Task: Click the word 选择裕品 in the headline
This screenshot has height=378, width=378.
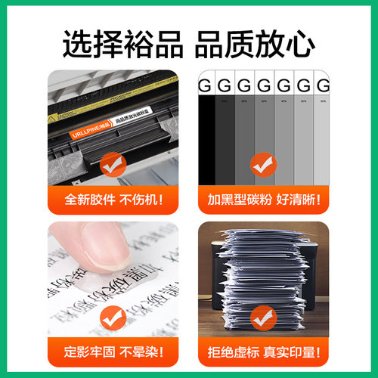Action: click(x=123, y=45)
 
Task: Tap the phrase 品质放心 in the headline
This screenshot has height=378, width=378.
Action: click(x=254, y=45)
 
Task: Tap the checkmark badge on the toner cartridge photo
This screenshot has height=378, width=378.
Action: click(x=113, y=160)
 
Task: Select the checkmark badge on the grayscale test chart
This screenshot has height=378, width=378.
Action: click(x=265, y=160)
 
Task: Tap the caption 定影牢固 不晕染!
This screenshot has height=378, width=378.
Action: click(x=113, y=352)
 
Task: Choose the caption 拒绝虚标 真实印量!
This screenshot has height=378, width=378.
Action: click(x=265, y=352)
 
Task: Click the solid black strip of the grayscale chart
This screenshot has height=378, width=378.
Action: click(x=206, y=136)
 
